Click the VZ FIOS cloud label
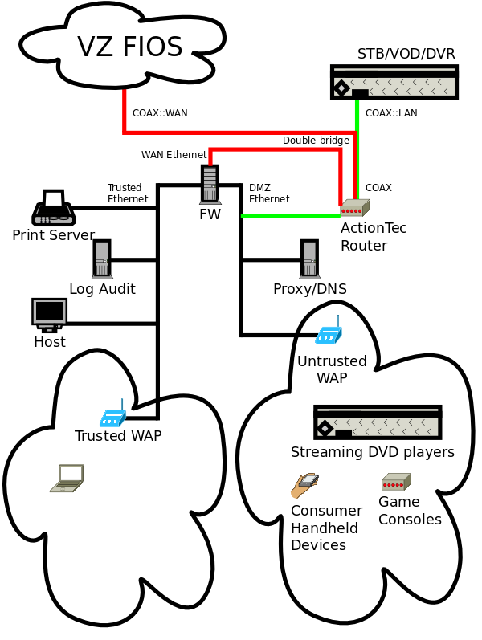point(129,47)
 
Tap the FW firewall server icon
point(210,184)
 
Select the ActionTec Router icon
point(353,208)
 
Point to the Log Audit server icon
point(101,259)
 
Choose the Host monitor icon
point(49,314)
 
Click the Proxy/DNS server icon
point(309,259)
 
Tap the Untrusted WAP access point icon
point(329,335)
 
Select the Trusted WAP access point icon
point(112,418)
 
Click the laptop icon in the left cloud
point(67,478)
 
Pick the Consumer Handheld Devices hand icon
point(304,485)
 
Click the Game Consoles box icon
point(396,482)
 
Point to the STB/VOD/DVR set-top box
point(394,82)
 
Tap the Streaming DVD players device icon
point(378,422)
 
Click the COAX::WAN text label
point(160,113)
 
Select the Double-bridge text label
point(316,141)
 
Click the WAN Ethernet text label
point(174,155)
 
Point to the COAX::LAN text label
point(391,113)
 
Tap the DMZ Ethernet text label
point(269,194)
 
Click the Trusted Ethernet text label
point(128,194)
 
